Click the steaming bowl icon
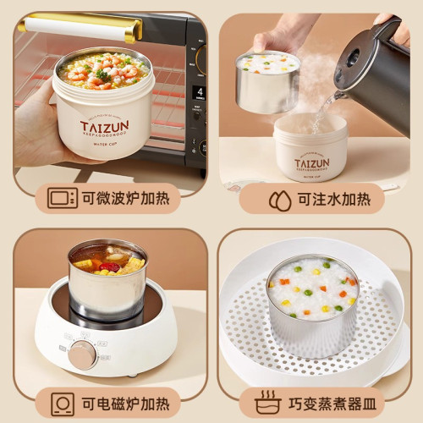tap(267, 401)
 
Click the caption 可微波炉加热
tap(124, 199)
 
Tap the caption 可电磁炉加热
tap(124, 401)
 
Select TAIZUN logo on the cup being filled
tap(312, 162)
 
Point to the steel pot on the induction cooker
tap(107, 283)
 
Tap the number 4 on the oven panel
tap(200, 91)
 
